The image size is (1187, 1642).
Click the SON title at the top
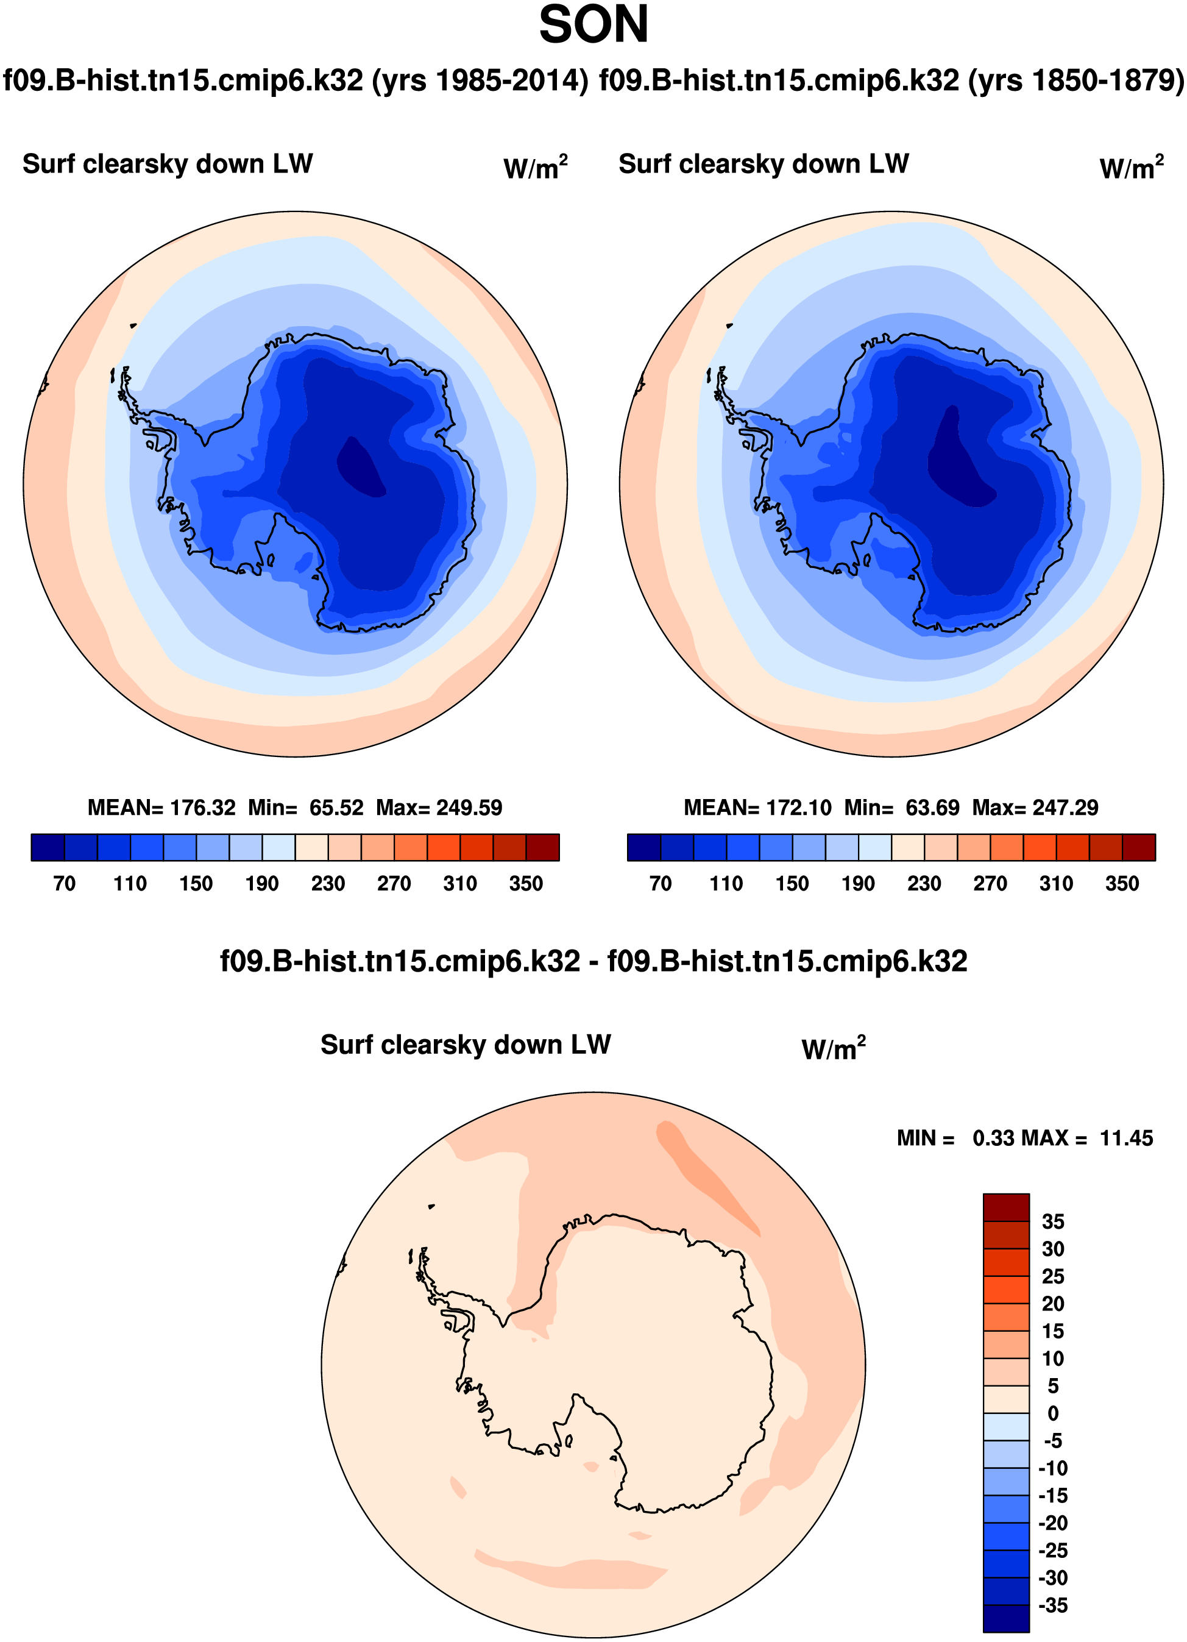[593, 26]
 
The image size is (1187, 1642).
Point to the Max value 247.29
[1064, 807]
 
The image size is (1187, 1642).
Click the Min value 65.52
[336, 807]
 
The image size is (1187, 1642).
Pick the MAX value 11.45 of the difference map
[1126, 1138]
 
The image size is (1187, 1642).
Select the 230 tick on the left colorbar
[328, 883]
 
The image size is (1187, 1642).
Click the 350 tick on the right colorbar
[1122, 883]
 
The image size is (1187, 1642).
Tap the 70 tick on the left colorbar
[65, 883]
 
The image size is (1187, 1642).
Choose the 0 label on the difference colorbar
[1053, 1413]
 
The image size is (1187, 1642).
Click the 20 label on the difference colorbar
[1053, 1303]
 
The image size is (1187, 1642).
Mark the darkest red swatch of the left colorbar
[543, 847]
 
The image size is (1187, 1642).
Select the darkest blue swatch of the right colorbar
[643, 847]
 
